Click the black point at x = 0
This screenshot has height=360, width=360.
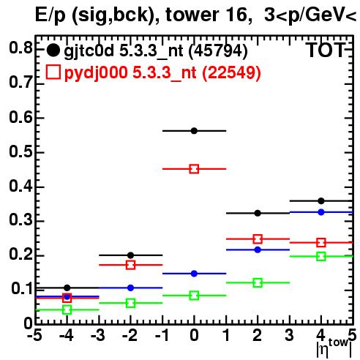(194, 131)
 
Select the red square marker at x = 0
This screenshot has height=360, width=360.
(194, 169)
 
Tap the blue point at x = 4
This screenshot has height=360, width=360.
(321, 212)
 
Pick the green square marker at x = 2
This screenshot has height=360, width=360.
(258, 283)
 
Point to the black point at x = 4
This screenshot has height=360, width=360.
(321, 201)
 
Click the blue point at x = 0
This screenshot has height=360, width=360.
(194, 274)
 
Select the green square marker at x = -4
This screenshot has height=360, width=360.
(67, 310)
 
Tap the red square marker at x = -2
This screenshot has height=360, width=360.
(130, 265)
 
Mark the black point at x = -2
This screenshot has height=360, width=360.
(130, 255)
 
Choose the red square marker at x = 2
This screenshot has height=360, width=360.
(258, 239)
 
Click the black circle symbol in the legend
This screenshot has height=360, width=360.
(53, 50)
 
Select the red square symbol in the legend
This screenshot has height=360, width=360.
(53, 72)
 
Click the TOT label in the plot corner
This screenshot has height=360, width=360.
(326, 50)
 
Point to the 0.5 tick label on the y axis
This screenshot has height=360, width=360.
(20, 151)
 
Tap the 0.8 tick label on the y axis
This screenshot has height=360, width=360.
(20, 48)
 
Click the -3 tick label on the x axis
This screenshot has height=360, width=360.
(97, 335)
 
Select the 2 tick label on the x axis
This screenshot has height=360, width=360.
(258, 335)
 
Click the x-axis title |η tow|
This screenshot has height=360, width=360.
(334, 348)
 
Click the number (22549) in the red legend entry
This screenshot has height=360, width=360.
(231, 72)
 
